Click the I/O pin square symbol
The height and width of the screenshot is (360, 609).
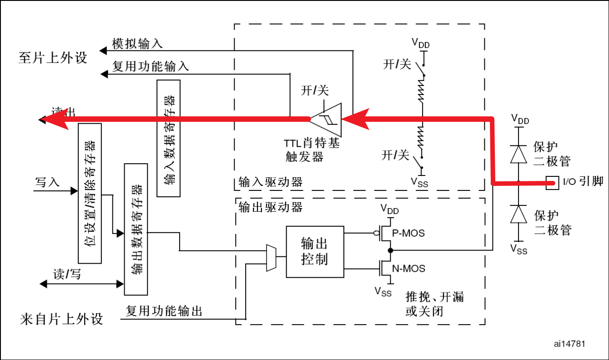(x=552, y=183)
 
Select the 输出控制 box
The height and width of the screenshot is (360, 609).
(x=315, y=251)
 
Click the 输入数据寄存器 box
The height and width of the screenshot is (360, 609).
(x=168, y=138)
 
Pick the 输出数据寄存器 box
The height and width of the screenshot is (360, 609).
(x=136, y=229)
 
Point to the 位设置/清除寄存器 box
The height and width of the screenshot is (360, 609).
(x=90, y=193)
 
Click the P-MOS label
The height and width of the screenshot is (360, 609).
(x=408, y=233)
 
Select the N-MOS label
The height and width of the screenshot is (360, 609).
(x=408, y=269)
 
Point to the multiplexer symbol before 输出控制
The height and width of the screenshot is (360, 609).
(x=271, y=258)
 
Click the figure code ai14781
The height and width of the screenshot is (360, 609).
(x=569, y=344)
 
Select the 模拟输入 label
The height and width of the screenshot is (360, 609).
(x=137, y=44)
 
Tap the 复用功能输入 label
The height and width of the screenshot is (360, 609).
(x=150, y=67)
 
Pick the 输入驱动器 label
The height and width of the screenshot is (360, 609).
(x=270, y=183)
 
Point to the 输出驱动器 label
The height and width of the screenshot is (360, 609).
(x=270, y=207)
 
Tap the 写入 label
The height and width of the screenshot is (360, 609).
(x=47, y=182)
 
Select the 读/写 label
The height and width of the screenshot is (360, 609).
(x=67, y=274)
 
